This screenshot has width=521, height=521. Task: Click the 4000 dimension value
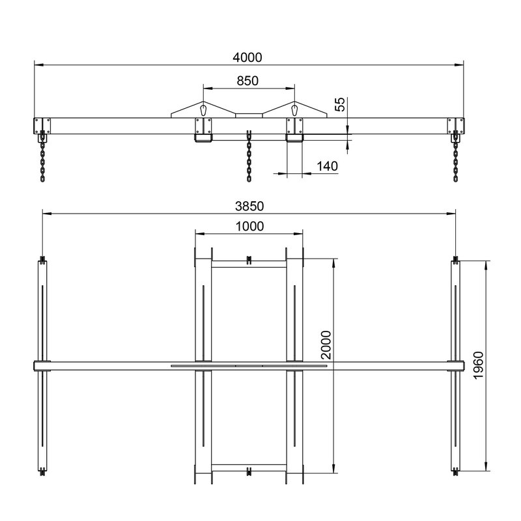[x=247, y=57]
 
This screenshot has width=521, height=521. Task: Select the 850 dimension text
[x=248, y=81]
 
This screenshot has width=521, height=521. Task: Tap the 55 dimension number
[x=340, y=104]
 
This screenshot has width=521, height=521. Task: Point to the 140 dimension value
[x=328, y=167]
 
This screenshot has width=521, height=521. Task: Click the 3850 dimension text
[x=248, y=206]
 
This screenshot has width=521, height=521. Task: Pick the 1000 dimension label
[x=249, y=227]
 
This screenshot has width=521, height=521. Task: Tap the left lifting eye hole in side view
[x=204, y=109]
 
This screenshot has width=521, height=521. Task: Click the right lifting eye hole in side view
[x=294, y=109]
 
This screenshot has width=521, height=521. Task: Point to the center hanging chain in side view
[x=249, y=156]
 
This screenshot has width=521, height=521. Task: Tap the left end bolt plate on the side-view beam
[x=42, y=124]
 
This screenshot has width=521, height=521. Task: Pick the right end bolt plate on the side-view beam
[x=455, y=124]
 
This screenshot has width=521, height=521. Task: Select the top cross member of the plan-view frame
[x=249, y=264]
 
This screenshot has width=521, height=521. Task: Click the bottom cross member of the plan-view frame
[x=249, y=468]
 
